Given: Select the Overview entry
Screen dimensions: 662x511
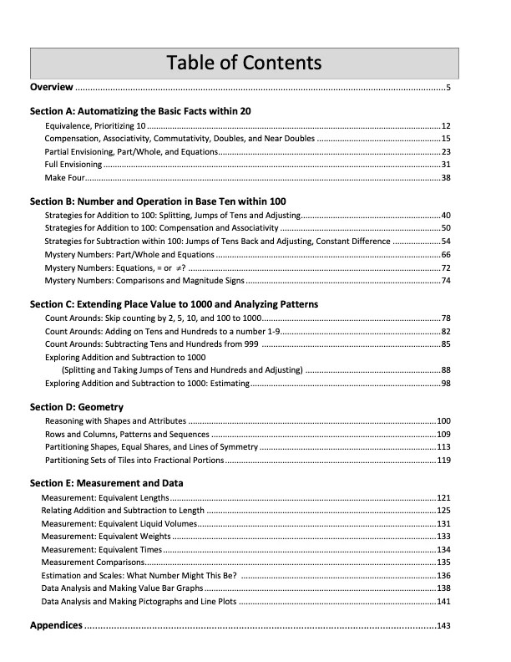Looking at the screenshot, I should tap(52, 87).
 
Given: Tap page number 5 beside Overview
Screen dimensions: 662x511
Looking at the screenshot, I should tap(448, 87).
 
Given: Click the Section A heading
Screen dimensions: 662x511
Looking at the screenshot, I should tap(140, 110).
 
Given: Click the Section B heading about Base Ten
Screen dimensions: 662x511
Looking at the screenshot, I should tap(158, 201).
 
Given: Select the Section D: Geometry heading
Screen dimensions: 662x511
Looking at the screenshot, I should tap(70, 407).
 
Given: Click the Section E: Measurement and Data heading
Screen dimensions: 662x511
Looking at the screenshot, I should tap(106, 483).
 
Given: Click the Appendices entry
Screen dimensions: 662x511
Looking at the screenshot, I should tap(56, 625).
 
